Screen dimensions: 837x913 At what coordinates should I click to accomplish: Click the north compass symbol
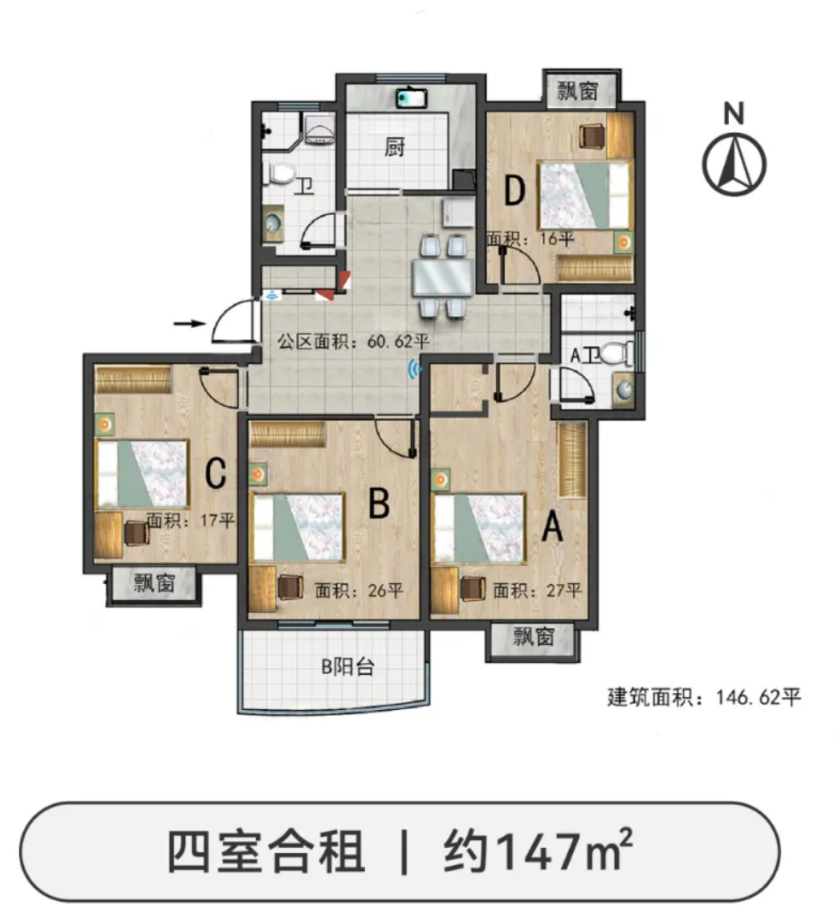click(733, 164)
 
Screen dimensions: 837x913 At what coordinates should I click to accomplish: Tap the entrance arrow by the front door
click(190, 323)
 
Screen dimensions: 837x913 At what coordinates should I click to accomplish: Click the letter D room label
click(514, 190)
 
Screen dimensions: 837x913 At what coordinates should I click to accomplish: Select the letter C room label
click(216, 473)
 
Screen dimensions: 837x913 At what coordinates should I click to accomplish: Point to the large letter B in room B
click(380, 503)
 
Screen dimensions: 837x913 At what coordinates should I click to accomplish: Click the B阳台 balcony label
click(348, 666)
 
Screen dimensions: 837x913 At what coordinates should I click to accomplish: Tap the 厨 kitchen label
click(394, 146)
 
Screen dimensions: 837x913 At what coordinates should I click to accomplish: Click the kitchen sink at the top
click(412, 98)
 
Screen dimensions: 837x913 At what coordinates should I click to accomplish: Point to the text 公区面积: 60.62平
click(354, 341)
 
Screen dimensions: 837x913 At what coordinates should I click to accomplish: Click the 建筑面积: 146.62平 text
click(704, 697)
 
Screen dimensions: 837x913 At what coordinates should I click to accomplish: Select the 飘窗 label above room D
click(577, 90)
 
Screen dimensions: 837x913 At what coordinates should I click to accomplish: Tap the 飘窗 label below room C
click(154, 582)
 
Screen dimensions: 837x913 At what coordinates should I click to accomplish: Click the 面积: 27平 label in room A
click(537, 590)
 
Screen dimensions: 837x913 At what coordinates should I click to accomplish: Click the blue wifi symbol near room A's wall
click(415, 369)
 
